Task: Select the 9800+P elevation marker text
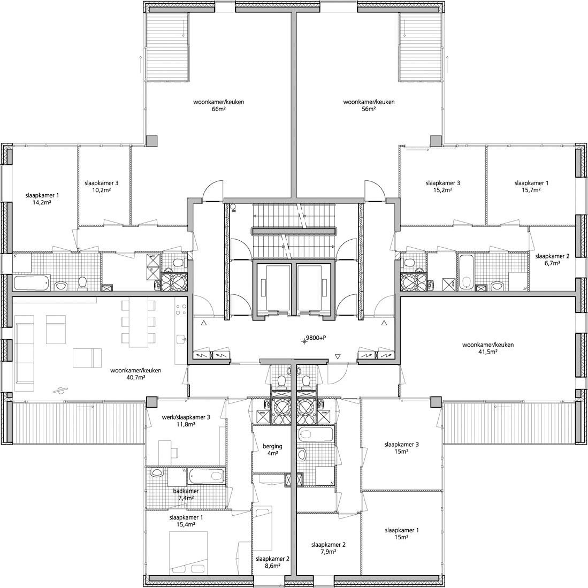coord(316,338)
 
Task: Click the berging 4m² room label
coord(272,449)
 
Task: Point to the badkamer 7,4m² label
coord(186,494)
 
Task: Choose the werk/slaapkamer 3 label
coord(186,421)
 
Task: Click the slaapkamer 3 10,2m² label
coord(101,186)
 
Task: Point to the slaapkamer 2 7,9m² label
coord(329,548)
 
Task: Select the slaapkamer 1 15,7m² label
coord(531,186)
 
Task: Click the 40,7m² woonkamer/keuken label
coord(136,373)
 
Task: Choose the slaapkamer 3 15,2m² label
coord(442,186)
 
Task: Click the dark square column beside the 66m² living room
coord(152,140)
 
